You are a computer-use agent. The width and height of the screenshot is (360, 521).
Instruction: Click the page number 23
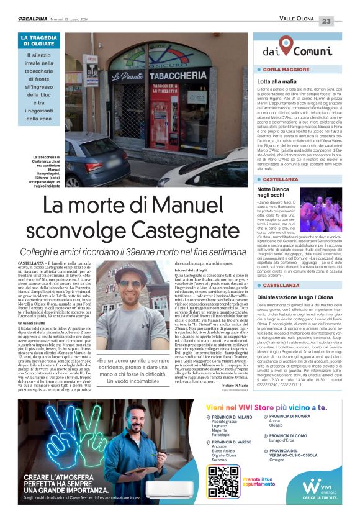pyautogui.click(x=343, y=22)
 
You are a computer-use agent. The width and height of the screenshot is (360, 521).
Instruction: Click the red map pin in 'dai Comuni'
pyautogui.click(x=284, y=45)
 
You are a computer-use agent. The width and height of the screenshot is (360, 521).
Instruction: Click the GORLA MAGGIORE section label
pyautogui.click(x=287, y=70)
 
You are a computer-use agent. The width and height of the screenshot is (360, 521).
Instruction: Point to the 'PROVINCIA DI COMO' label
pyautogui.click(x=295, y=437)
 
